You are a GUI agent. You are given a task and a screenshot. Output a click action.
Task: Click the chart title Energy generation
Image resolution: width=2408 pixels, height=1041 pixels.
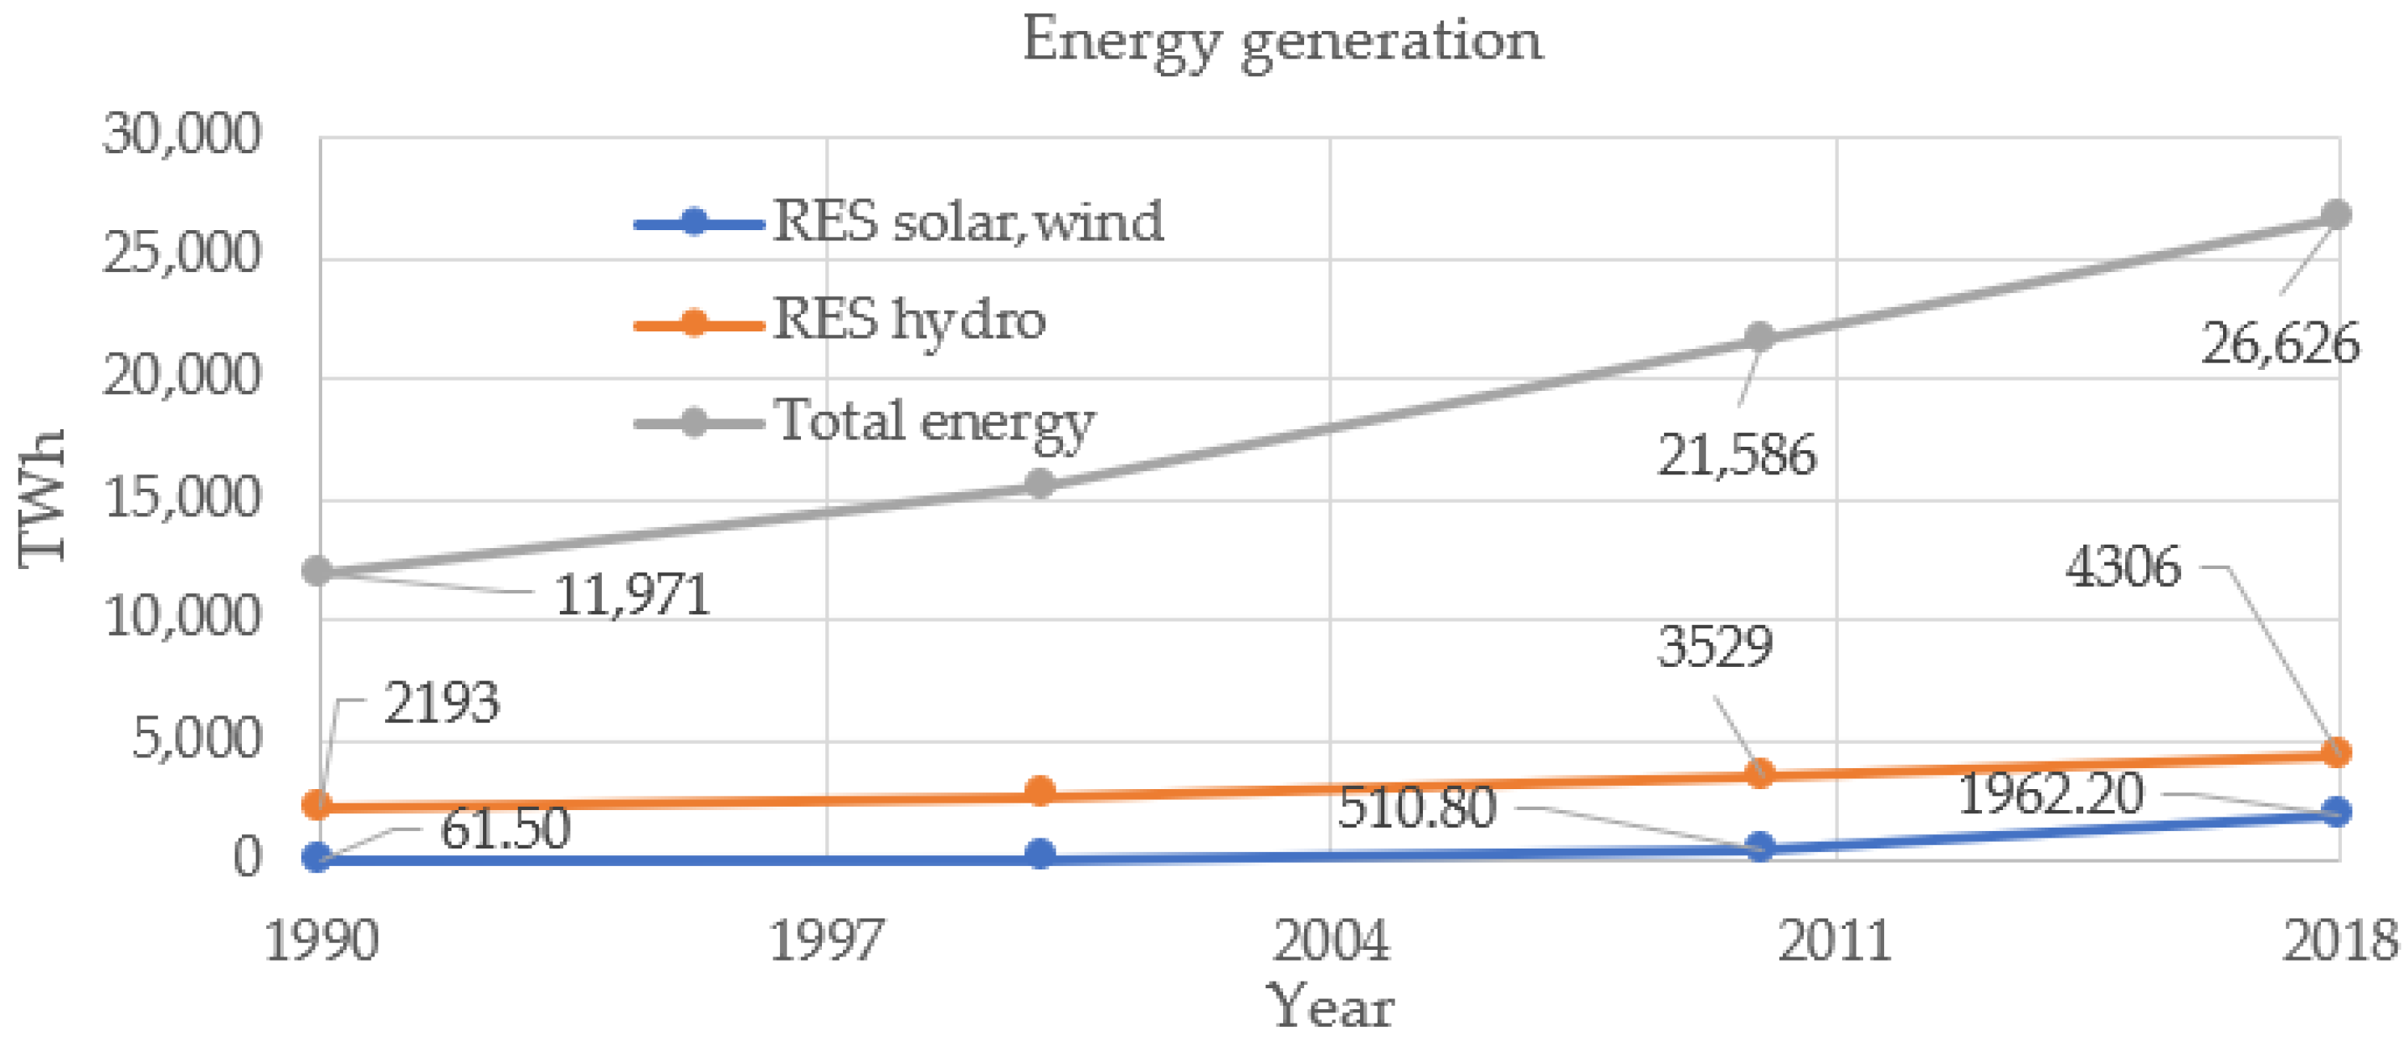[1281, 41]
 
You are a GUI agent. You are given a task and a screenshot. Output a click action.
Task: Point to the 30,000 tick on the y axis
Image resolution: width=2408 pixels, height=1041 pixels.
[182, 134]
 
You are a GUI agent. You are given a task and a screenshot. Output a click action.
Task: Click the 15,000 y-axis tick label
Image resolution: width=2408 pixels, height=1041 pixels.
[182, 497]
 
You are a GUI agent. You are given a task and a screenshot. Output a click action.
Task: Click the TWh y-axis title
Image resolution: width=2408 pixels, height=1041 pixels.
[42, 497]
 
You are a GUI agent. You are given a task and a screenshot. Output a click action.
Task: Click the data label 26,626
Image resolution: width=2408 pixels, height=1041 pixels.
[2280, 344]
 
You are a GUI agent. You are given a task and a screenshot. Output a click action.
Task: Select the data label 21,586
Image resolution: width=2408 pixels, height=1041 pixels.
[1737, 456]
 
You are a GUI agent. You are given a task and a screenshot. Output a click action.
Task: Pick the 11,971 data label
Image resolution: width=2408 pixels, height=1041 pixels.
[633, 596]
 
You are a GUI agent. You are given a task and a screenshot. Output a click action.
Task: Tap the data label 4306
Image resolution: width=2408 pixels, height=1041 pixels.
[2123, 567]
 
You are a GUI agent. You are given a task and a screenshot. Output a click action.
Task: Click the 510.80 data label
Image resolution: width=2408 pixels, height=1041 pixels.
[1416, 808]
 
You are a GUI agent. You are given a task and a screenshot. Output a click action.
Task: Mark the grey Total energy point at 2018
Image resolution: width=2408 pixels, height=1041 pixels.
[2336, 215]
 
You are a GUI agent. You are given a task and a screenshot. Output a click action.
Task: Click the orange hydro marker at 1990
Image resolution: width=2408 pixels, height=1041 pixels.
[318, 803]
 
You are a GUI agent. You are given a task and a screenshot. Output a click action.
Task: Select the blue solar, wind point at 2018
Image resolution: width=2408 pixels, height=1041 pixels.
[2336, 811]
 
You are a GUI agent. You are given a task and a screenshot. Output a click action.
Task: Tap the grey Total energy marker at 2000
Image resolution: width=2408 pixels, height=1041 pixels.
[1040, 484]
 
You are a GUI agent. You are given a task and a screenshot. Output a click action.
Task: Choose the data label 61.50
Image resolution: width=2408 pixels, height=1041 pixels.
[505, 830]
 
